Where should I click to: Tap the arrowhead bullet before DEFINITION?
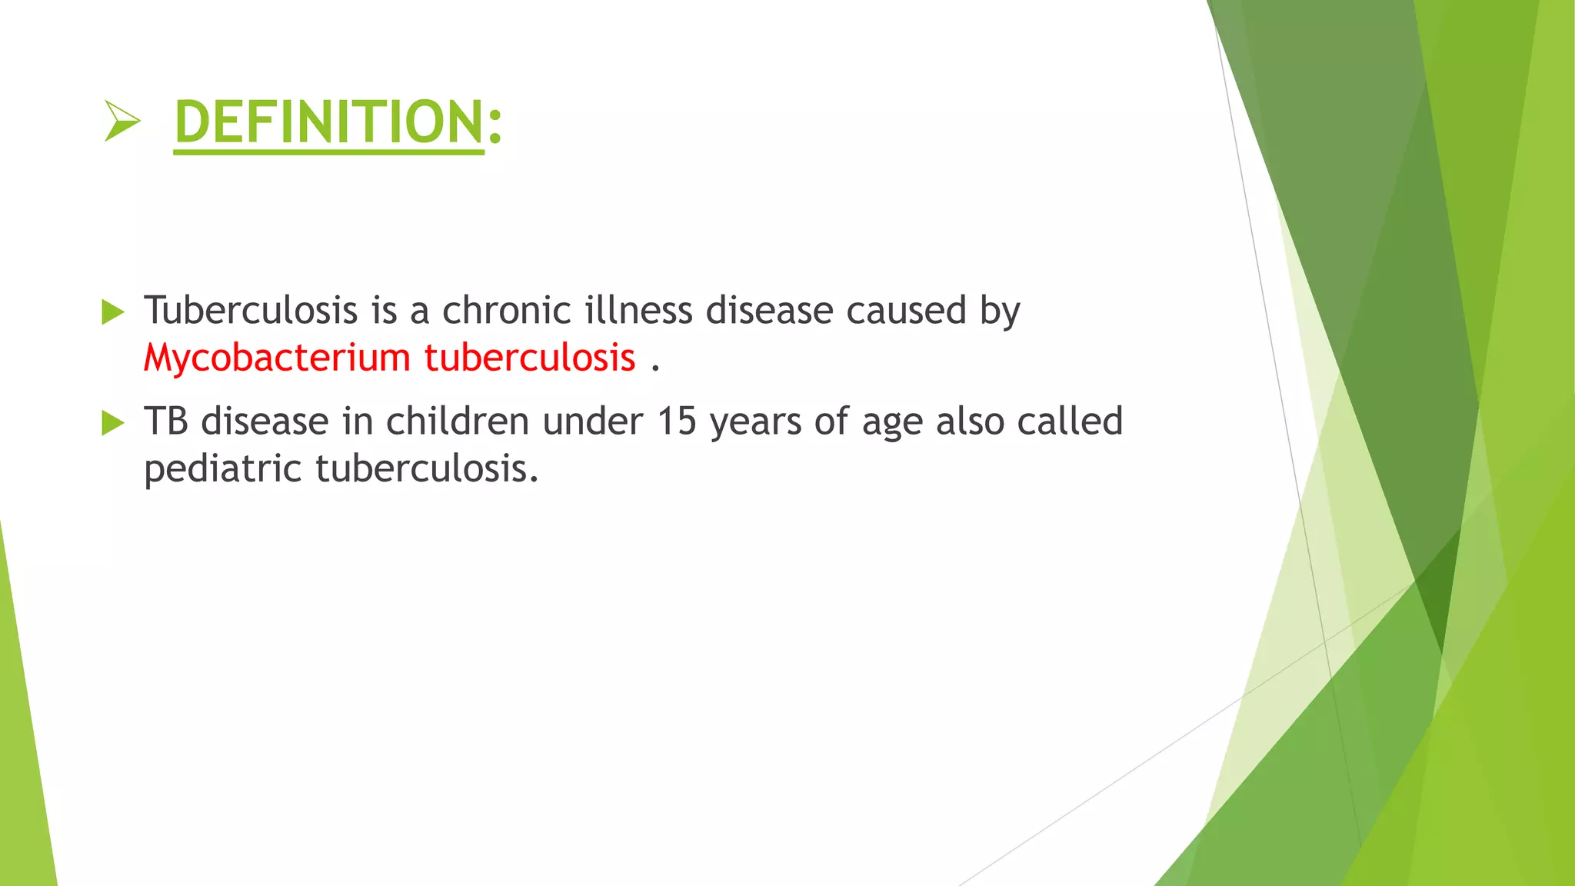(x=122, y=122)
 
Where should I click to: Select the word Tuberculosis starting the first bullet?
(x=251, y=311)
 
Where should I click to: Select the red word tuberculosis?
(x=530, y=358)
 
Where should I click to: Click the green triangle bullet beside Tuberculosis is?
(x=112, y=312)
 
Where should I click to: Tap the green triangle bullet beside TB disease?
(x=112, y=423)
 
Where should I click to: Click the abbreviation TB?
(x=166, y=421)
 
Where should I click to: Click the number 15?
(x=677, y=421)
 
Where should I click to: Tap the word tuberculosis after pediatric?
(x=427, y=469)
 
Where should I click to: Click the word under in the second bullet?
(x=592, y=421)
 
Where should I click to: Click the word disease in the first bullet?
(x=770, y=311)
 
